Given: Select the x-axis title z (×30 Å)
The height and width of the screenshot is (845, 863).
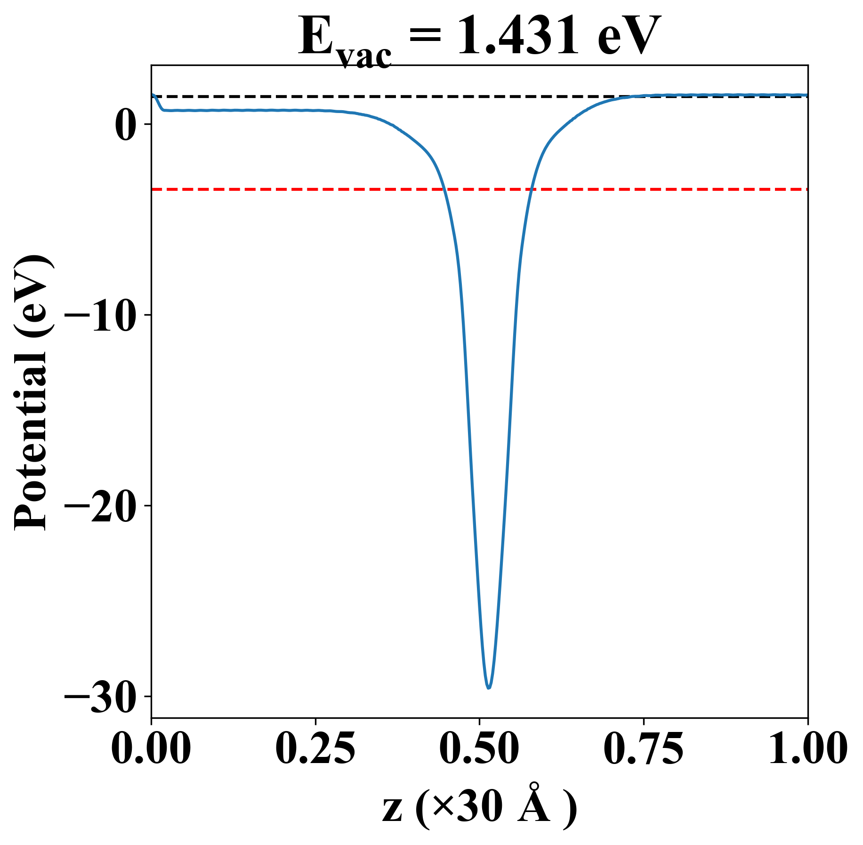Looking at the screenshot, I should pyautogui.click(x=479, y=809).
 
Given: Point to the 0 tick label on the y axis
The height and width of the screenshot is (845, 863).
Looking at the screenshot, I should pyautogui.click(x=125, y=124).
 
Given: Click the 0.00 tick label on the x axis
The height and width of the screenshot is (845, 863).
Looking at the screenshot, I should pyautogui.click(x=151, y=749).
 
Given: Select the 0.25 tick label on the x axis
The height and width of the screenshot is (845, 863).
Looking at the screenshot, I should pyautogui.click(x=315, y=749).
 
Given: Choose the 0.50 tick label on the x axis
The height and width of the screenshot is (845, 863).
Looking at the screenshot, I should pyautogui.click(x=479, y=749).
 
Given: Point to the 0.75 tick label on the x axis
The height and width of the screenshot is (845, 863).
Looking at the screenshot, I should pyautogui.click(x=644, y=749).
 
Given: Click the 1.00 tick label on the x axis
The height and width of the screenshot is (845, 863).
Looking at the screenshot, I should pyautogui.click(x=807, y=749).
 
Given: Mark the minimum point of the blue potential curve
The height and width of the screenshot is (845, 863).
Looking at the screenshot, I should pyautogui.click(x=489, y=688).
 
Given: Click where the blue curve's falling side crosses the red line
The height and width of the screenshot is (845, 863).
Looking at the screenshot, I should pyautogui.click(x=444, y=189).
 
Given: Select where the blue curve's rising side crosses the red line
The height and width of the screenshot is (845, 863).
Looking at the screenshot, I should pyautogui.click(x=531, y=189).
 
